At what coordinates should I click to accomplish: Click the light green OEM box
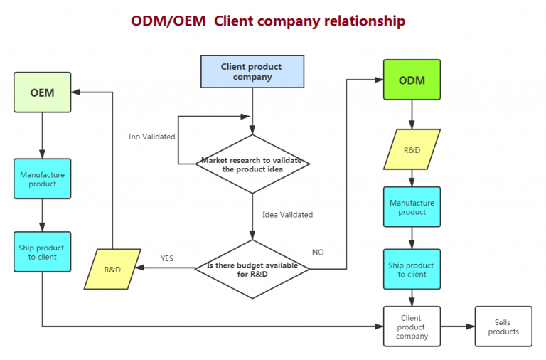click(42, 92)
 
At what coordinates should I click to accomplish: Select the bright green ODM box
click(412, 80)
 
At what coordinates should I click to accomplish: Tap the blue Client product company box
click(252, 71)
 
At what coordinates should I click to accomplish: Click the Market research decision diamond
click(252, 164)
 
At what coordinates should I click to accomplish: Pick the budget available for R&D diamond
click(252, 269)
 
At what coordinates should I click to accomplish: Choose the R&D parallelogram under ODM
click(412, 149)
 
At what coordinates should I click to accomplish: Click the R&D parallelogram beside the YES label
click(112, 269)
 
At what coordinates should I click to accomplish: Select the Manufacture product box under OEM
click(42, 179)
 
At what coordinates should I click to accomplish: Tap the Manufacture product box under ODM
click(412, 207)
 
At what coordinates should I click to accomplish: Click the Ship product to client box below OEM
click(42, 251)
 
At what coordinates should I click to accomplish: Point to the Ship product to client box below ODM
click(412, 269)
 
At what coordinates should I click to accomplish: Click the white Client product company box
click(412, 327)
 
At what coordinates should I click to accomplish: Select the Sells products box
click(503, 327)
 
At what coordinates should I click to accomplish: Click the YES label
click(167, 258)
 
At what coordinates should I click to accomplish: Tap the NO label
click(318, 252)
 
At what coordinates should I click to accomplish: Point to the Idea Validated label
click(287, 214)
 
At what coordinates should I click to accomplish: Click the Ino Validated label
click(151, 137)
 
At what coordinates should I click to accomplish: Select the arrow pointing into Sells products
click(458, 327)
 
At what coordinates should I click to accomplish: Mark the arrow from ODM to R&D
click(412, 115)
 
